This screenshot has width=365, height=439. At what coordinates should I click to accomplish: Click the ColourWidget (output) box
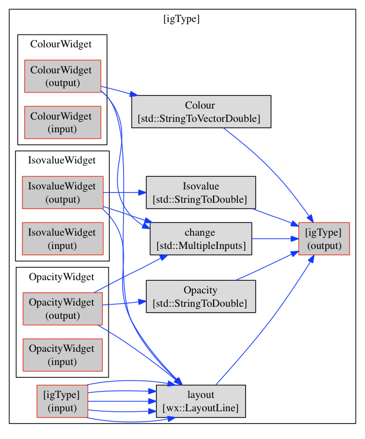63,76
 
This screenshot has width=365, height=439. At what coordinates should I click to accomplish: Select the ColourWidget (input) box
63,122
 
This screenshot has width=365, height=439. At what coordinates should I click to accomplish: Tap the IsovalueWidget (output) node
63,192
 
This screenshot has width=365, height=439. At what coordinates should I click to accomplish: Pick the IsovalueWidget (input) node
63,239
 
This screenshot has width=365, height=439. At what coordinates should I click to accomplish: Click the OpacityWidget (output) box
63,309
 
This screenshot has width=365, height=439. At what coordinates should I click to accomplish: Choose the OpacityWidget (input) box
63,355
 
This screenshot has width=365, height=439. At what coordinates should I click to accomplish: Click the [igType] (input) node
62,401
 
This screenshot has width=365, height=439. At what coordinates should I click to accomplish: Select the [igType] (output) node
324,239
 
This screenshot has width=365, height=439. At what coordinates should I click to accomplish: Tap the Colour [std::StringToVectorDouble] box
201,111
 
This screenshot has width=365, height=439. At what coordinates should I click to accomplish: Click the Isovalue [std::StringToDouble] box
201,192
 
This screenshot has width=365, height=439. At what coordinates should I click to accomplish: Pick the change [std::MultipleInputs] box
201,239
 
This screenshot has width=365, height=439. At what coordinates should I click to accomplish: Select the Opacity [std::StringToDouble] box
201,296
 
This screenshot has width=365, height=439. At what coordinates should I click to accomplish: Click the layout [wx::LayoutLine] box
201,401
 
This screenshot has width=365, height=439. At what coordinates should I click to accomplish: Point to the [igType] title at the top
182,19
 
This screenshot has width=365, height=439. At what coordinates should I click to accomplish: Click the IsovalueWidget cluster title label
62,161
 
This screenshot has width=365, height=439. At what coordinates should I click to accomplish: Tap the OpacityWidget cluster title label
62,277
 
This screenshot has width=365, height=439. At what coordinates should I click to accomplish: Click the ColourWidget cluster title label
61,44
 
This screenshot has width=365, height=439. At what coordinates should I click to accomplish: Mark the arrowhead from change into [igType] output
295,239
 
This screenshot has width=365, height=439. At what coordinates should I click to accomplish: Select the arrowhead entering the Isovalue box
142,192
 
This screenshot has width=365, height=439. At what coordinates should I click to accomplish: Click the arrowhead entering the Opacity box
142,302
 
